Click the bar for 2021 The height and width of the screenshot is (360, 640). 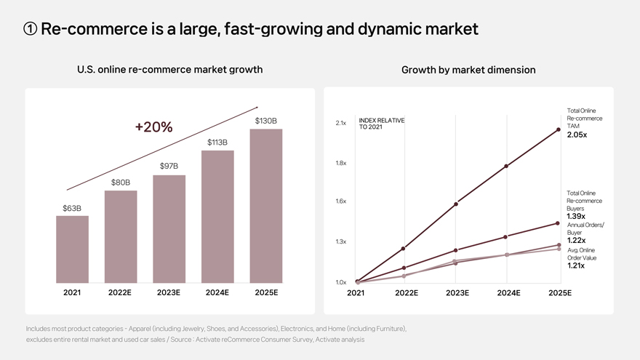coord(72,249)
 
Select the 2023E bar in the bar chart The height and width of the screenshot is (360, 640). coord(169,229)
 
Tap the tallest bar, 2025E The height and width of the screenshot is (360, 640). coord(265,206)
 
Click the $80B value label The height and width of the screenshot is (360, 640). coord(121,182)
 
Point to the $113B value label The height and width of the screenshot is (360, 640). coord(217,142)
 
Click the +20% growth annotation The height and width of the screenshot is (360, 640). coord(153,127)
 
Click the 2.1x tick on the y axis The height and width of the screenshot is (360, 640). coord(340,123)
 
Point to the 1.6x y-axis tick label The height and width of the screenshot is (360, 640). coord(340,201)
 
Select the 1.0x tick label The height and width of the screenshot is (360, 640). coord(340,282)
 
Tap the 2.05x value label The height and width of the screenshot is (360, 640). coord(577,135)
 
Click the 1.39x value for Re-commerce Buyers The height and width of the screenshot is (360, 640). coord(575,216)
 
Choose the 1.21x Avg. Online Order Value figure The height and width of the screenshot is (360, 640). coord(575,265)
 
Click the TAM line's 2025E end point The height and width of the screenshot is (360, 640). coord(558,129)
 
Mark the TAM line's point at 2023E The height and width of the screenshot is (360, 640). coord(455,204)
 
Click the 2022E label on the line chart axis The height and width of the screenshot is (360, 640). coord(406,293)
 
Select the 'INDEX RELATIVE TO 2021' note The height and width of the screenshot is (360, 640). coord(381,124)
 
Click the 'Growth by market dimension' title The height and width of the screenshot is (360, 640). coord(468,70)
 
